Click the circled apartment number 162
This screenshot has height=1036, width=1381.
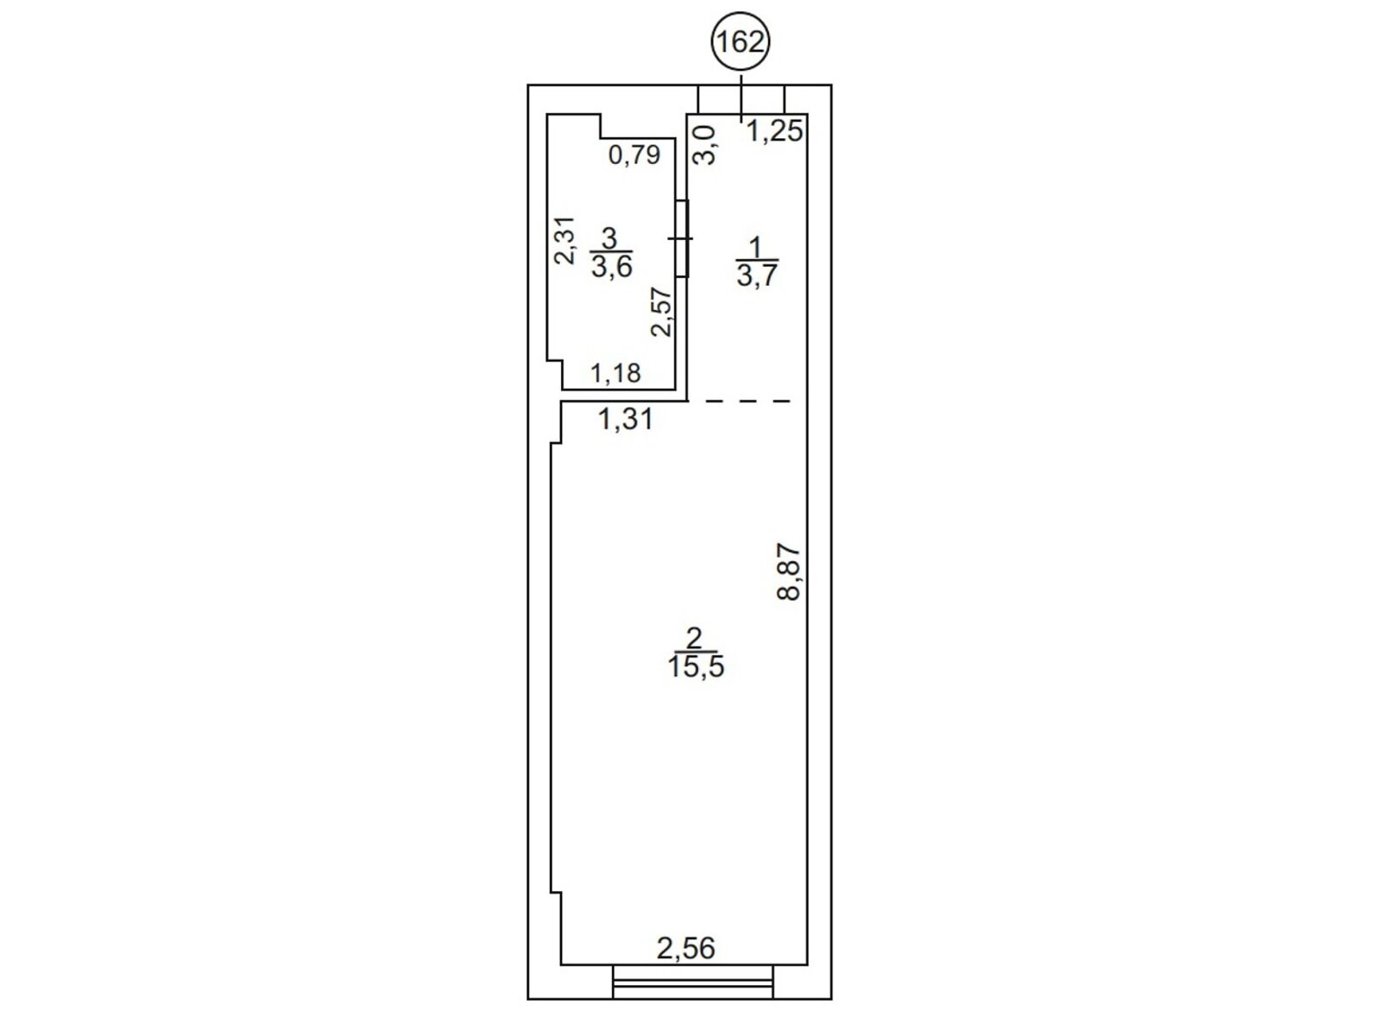coord(741,42)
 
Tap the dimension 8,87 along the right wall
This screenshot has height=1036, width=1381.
coord(788,572)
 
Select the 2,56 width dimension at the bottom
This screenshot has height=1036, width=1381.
coord(686,949)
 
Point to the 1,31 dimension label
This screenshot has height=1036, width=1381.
coord(626,419)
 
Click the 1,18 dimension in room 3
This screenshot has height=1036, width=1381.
coord(616,374)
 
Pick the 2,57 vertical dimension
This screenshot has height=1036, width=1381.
coord(662,312)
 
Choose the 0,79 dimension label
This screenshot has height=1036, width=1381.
coord(634,155)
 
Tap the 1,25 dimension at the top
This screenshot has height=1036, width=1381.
coord(774,131)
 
